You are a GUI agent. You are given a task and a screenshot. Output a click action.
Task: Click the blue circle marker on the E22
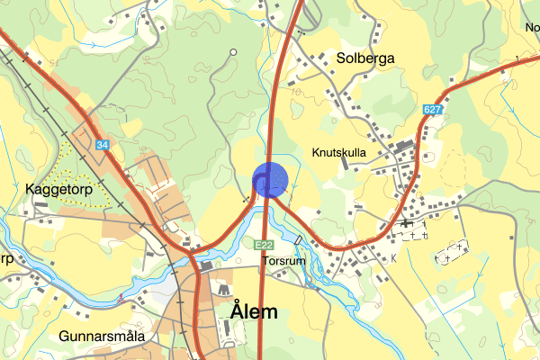269,179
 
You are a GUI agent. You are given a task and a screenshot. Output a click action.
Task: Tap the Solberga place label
365,58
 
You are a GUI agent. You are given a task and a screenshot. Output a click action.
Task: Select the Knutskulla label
339,153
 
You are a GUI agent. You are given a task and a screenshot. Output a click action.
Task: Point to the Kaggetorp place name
55,192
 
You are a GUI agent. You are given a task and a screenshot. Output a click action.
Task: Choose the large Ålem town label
265,311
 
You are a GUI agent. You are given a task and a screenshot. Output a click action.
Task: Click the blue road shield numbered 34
104,144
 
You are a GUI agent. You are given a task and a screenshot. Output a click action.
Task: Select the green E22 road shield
264,245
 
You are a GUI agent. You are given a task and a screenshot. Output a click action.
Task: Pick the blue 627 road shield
431,110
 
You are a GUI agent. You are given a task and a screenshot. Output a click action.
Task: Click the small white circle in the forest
233,52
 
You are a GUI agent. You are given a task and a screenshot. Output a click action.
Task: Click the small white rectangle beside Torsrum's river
298,240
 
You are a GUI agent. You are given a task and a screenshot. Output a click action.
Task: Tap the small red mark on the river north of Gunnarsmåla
120,295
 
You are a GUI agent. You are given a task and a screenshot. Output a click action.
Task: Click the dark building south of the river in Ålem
207,266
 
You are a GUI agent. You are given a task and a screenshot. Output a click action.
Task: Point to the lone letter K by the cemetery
392,257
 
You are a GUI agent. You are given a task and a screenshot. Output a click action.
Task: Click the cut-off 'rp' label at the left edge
5,258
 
